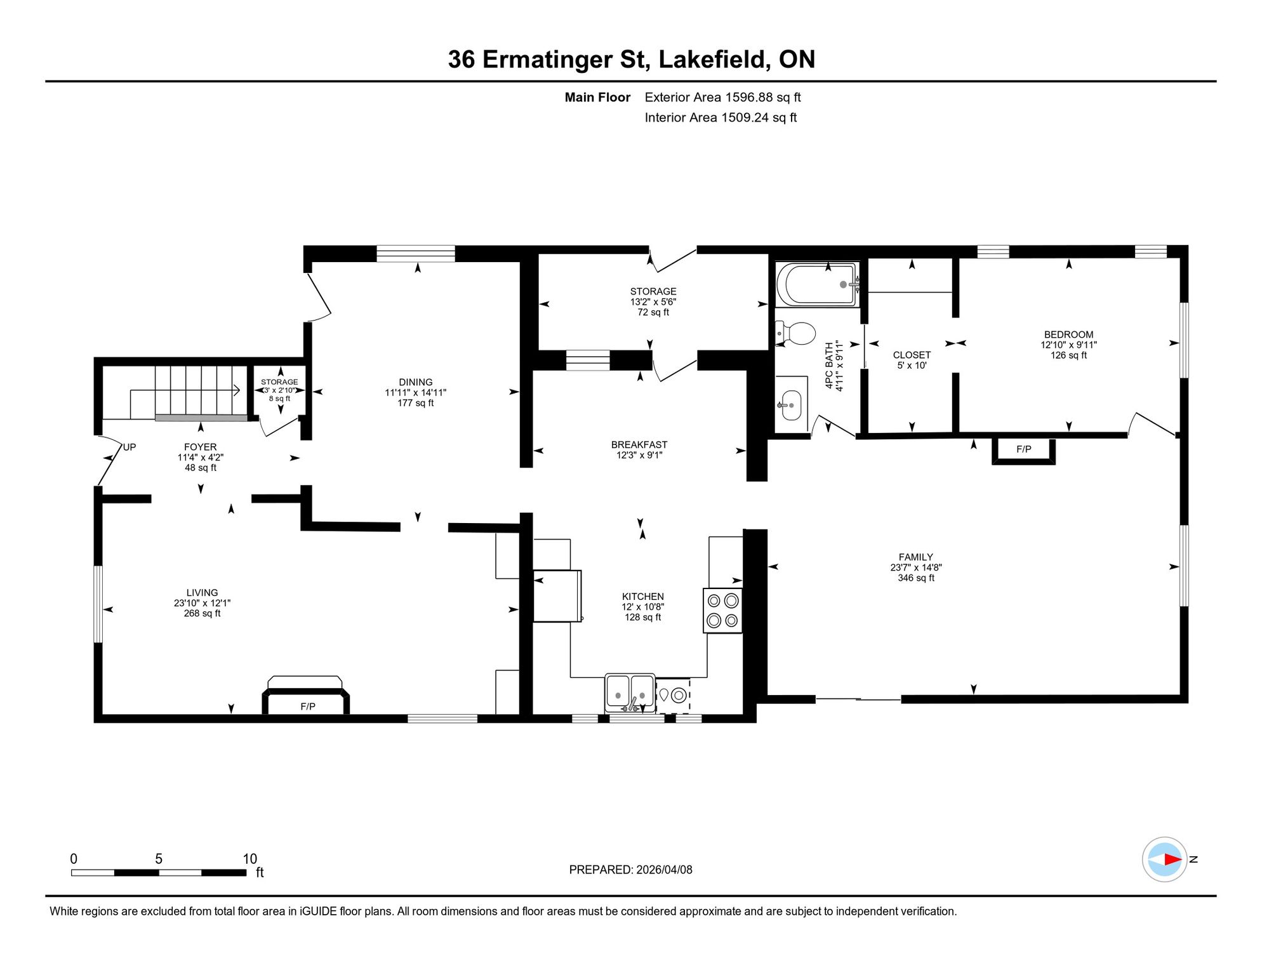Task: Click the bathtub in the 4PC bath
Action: [x=818, y=284]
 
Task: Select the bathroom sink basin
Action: [x=791, y=405]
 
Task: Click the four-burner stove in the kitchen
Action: [x=722, y=610]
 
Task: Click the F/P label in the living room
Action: [x=308, y=706]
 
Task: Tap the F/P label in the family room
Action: [x=1023, y=449]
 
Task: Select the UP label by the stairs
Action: [x=130, y=447]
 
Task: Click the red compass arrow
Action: [x=1173, y=859]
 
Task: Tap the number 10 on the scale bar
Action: [x=250, y=859]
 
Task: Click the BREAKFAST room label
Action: [x=639, y=445]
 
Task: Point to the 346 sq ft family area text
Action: [x=916, y=578]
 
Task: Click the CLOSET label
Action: [x=912, y=355]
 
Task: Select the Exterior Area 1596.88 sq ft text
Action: [x=722, y=97]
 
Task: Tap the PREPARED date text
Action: [x=630, y=870]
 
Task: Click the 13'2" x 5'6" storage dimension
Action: [x=653, y=302]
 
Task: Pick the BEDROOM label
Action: [x=1069, y=335]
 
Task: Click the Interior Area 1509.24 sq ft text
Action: [x=721, y=117]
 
